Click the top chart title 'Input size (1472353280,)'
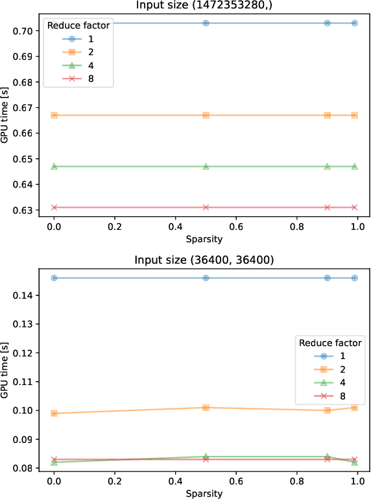(205, 6)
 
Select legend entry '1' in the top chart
(100, 40)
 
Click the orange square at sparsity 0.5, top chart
(206, 115)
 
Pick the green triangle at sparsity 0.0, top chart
(54, 166)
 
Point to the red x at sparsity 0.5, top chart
(206, 207)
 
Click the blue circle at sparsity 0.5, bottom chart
(206, 278)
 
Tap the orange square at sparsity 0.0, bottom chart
(54, 413)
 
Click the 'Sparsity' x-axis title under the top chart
(205, 239)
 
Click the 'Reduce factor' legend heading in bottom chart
(329, 342)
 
